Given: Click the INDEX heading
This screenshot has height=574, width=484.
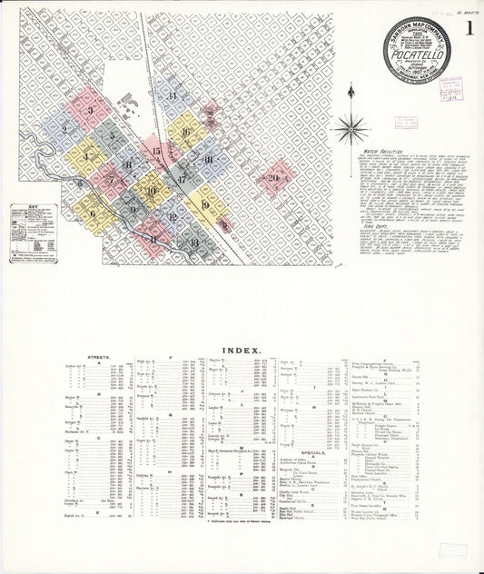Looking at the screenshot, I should pos(242,350).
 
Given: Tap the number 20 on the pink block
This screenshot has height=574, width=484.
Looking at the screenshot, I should pos(272,178).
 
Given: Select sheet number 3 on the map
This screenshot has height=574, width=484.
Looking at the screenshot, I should pos(92,111).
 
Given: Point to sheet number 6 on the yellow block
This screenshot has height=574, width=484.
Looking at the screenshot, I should pos(93,215).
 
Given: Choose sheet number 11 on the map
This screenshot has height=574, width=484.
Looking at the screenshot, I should pos(153,238).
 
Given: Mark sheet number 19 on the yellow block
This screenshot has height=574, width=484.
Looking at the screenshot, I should pos(205,205).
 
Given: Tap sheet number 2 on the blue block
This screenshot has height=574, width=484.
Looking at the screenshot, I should pos(64,130).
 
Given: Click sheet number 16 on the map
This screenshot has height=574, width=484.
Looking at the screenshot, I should pos(185,132).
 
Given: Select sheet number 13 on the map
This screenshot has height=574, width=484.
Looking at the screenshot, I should pos(193,242).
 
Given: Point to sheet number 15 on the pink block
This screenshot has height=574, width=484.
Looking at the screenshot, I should pos(156,152).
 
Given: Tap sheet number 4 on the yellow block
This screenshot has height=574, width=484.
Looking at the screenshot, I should pos(85,156).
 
